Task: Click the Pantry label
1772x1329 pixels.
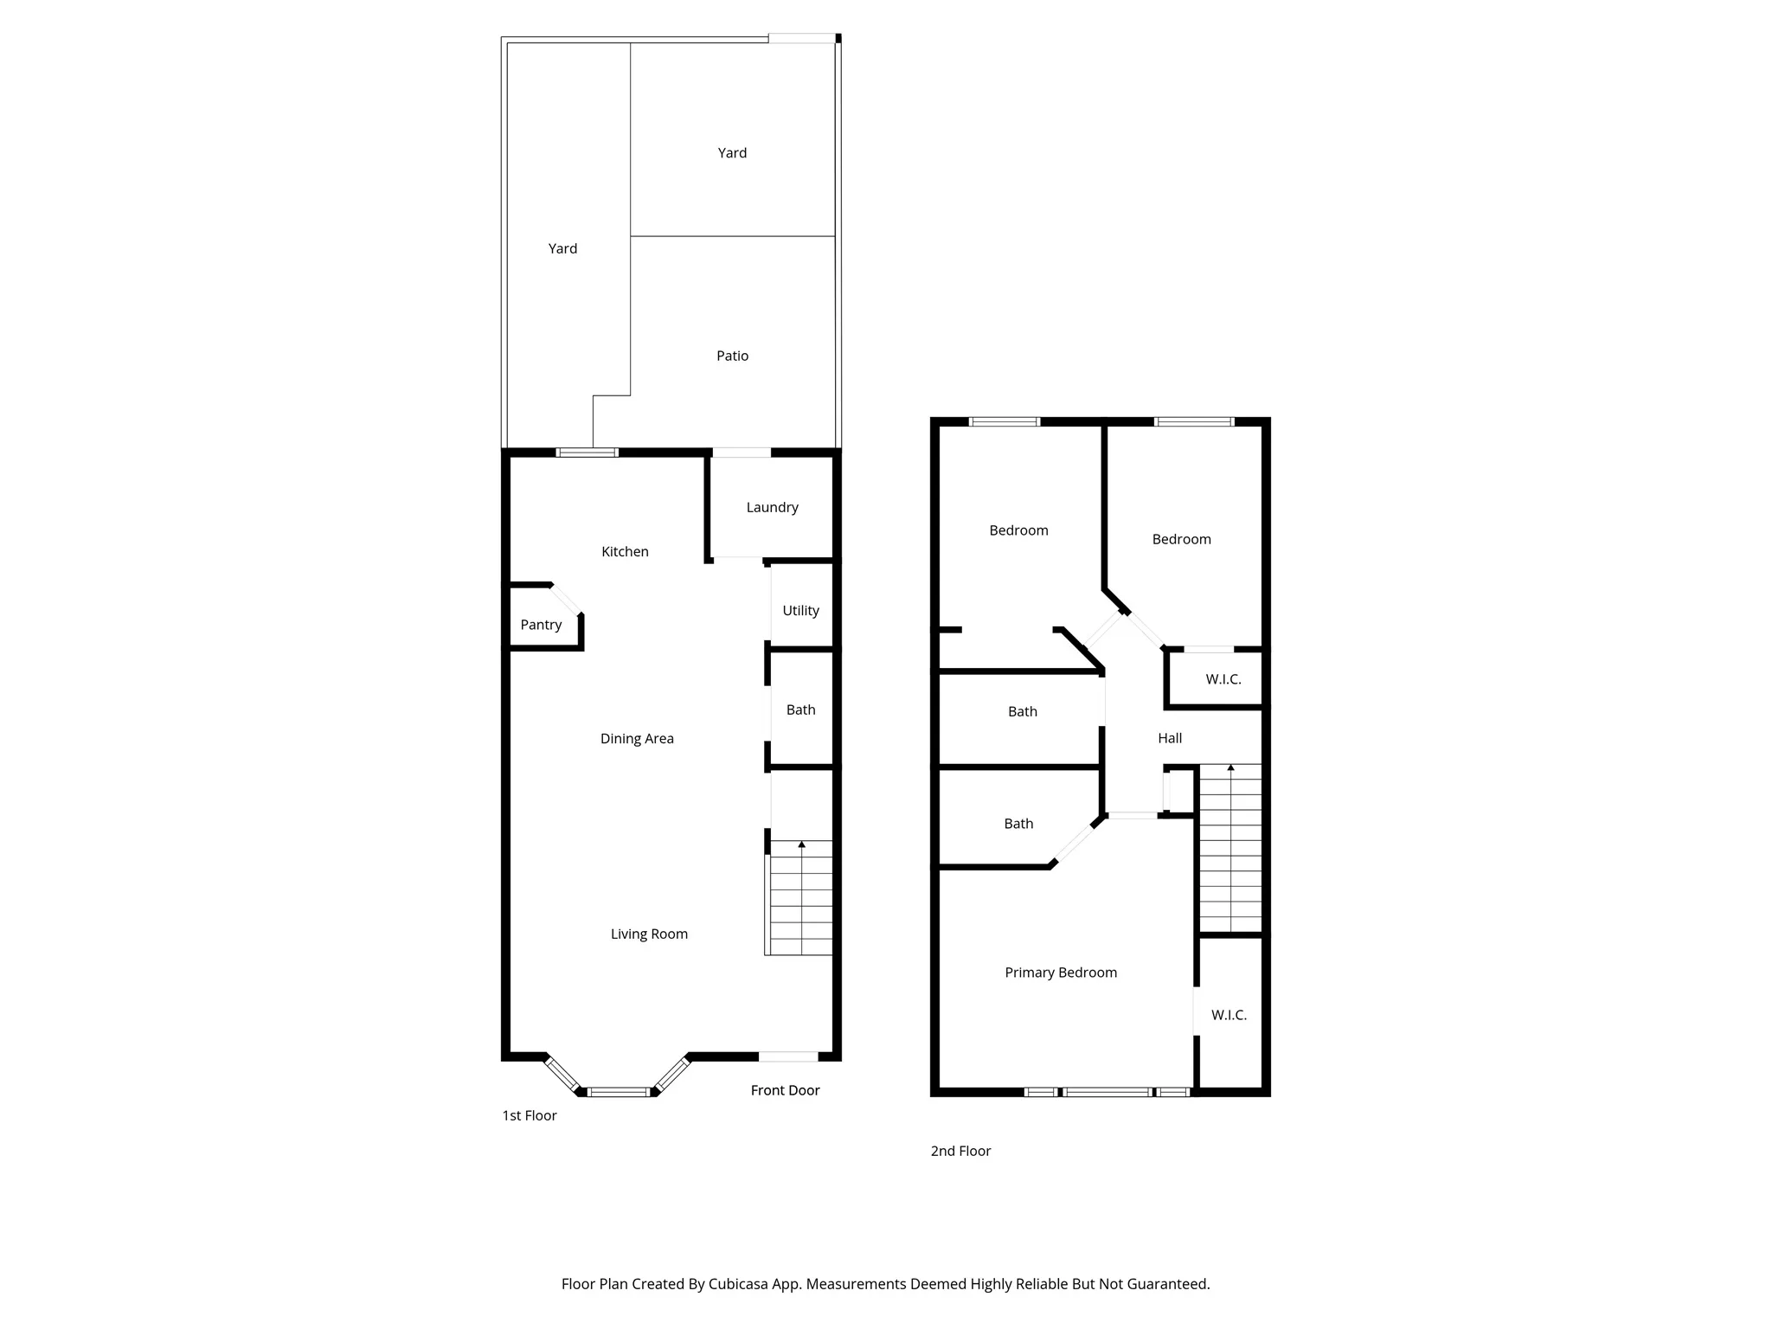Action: pyautogui.click(x=541, y=625)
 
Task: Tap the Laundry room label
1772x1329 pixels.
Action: pyautogui.click(x=772, y=507)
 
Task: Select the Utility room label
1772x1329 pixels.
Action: pyautogui.click(x=800, y=610)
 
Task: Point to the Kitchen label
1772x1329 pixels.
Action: pyautogui.click(x=625, y=551)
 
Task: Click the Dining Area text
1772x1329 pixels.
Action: pyautogui.click(x=637, y=738)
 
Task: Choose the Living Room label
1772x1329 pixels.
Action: pyautogui.click(x=649, y=934)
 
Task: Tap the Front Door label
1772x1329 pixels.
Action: pyautogui.click(x=785, y=1090)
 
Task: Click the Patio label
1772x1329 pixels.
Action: pyautogui.click(x=732, y=356)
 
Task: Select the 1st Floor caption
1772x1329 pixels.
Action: pyautogui.click(x=530, y=1115)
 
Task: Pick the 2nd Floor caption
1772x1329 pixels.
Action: pyautogui.click(x=960, y=1151)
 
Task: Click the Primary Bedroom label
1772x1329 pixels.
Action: pyautogui.click(x=1061, y=973)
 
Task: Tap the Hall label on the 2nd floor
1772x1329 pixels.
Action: pyautogui.click(x=1170, y=738)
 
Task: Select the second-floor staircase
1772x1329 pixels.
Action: pyautogui.click(x=1230, y=848)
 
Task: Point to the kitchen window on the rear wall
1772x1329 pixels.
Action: pyautogui.click(x=587, y=452)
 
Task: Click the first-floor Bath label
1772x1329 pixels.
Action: pyautogui.click(x=800, y=709)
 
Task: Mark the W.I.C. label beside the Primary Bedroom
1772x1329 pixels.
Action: pyautogui.click(x=1229, y=1015)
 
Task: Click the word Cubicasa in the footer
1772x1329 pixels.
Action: pyautogui.click(x=742, y=1284)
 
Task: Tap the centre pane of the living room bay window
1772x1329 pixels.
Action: pyautogui.click(x=619, y=1092)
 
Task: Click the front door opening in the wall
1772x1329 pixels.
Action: pyautogui.click(x=788, y=1056)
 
